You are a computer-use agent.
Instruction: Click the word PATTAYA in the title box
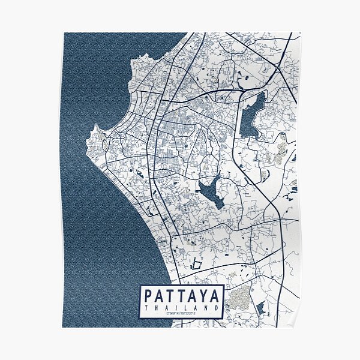[181, 296]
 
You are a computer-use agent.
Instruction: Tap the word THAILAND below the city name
[181, 308]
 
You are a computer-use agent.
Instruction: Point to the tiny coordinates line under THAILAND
[181, 314]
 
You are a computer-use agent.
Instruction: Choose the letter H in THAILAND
[155, 308]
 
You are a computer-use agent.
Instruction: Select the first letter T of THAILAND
[146, 308]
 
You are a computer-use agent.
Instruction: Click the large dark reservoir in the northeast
[252, 114]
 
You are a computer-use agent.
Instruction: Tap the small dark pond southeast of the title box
[260, 309]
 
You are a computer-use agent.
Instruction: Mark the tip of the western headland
[95, 127]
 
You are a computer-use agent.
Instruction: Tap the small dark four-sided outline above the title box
[196, 263]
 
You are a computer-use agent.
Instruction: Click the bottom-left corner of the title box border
[140, 318]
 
